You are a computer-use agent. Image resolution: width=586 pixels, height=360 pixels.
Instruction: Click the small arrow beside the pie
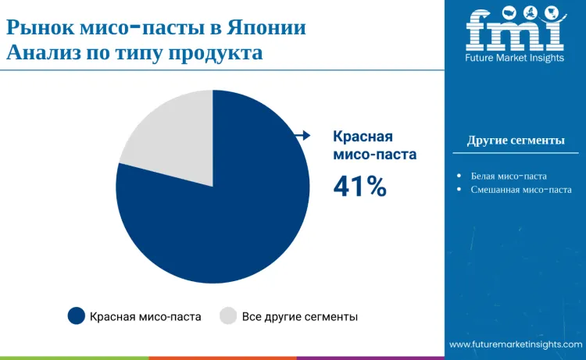click(302, 136)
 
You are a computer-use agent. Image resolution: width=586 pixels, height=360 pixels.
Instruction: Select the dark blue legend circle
click(76, 316)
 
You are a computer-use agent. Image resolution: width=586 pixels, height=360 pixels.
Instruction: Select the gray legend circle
click(228, 316)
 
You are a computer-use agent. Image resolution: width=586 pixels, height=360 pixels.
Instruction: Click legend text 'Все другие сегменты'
click(300, 316)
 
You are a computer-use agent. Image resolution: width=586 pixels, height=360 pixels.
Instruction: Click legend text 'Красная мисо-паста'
click(145, 316)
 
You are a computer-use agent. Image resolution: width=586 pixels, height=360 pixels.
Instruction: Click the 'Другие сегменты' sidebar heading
click(516, 141)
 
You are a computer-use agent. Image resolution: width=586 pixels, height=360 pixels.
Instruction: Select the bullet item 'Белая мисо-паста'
click(509, 176)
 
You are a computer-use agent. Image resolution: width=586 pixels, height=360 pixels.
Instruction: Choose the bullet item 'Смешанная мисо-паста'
click(521, 190)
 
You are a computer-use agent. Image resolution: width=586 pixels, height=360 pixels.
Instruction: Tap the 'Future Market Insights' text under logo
click(515, 59)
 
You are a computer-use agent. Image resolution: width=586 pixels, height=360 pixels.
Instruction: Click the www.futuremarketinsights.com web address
click(516, 344)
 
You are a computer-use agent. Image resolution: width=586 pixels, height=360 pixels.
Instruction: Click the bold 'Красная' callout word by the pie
click(363, 136)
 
